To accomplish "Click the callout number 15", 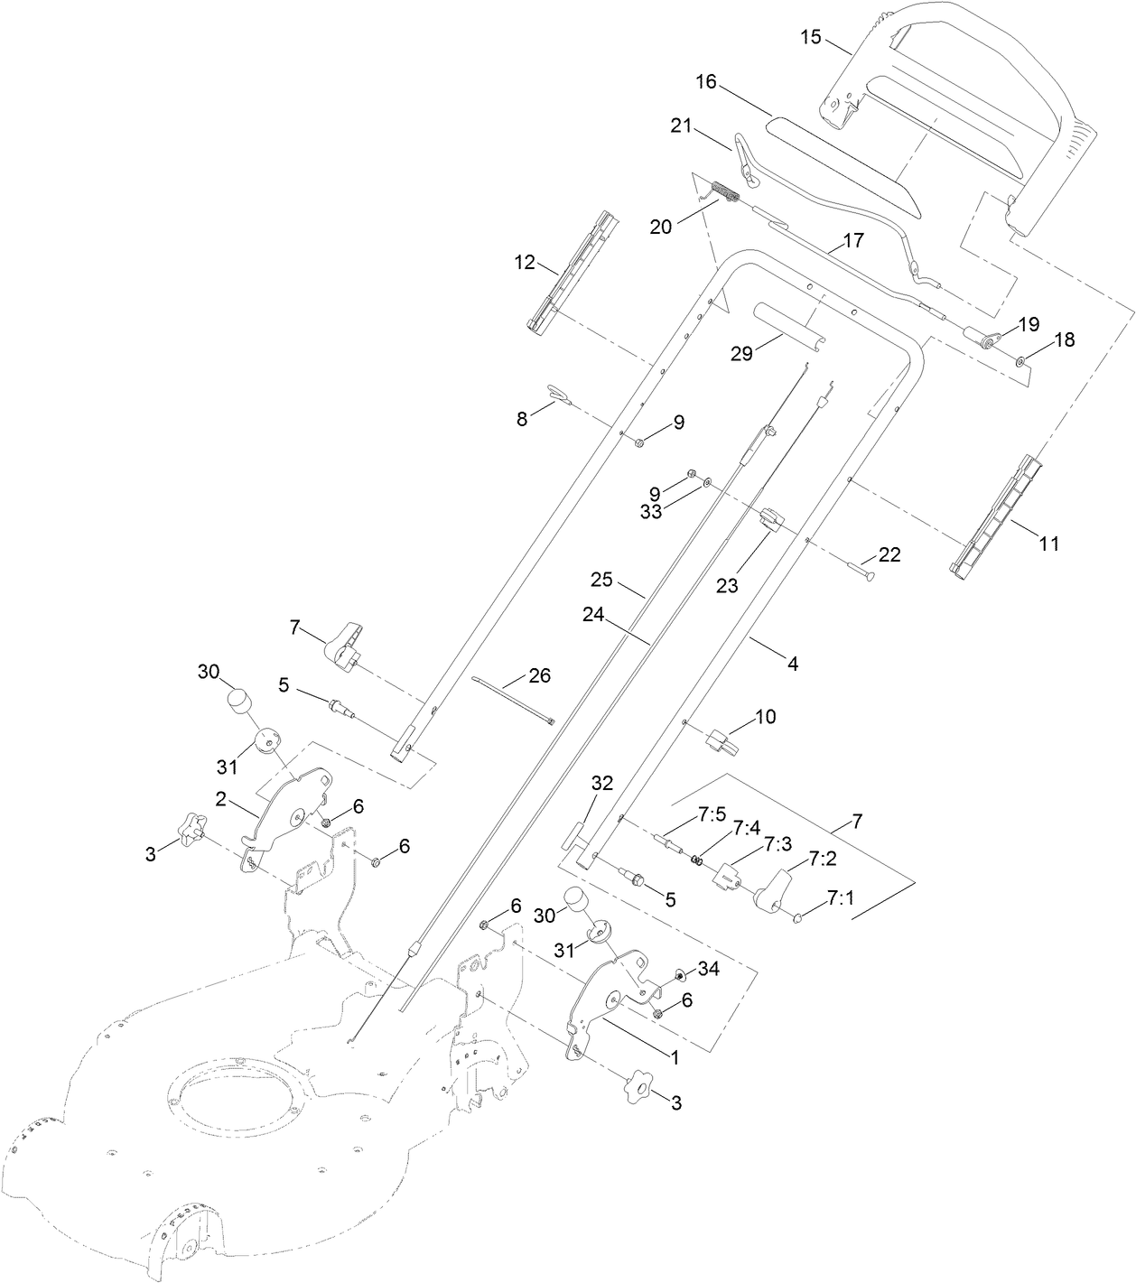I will click(811, 37).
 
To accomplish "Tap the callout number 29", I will click(741, 353).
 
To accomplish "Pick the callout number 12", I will click(525, 264).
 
